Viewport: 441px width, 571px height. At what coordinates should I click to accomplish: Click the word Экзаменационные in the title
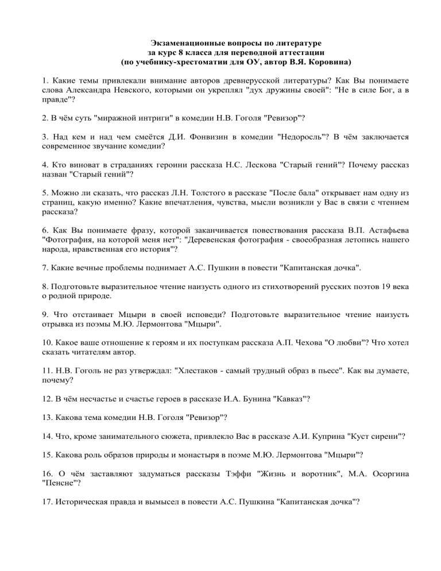[x=184, y=44]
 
